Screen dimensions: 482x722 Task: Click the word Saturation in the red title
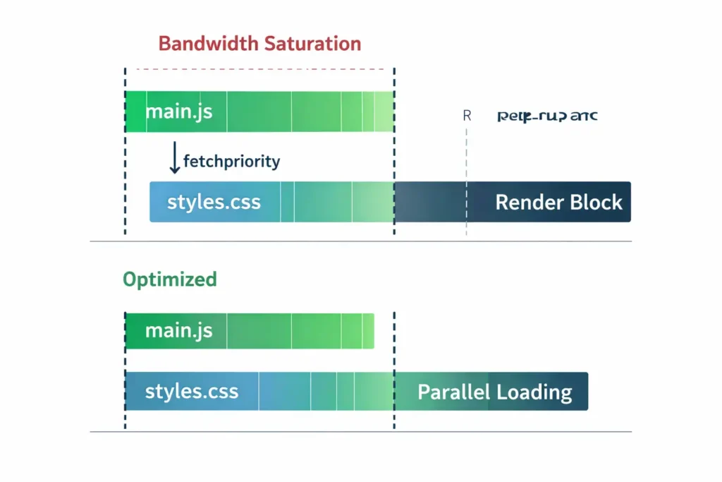pyautogui.click(x=312, y=43)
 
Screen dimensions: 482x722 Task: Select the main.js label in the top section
pyautogui.click(x=178, y=112)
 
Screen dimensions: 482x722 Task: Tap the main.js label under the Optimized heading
pyautogui.click(x=178, y=330)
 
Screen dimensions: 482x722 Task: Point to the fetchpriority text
pyautogui.click(x=231, y=161)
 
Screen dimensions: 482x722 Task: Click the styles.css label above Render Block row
pyautogui.click(x=214, y=203)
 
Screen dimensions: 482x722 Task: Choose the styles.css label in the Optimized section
pyautogui.click(x=191, y=392)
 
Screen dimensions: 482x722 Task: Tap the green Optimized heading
pyautogui.click(x=170, y=279)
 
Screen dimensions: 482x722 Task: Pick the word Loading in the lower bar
pyautogui.click(x=534, y=392)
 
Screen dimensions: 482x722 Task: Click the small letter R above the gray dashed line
pyautogui.click(x=467, y=116)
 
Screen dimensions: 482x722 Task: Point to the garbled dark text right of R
pyautogui.click(x=547, y=116)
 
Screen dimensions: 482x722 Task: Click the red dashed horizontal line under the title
pyautogui.click(x=261, y=69)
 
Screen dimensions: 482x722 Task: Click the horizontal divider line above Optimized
pyautogui.click(x=360, y=241)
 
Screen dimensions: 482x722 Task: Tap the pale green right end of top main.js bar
pyautogui.click(x=384, y=112)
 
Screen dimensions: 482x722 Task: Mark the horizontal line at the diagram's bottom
pyautogui.click(x=360, y=431)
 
